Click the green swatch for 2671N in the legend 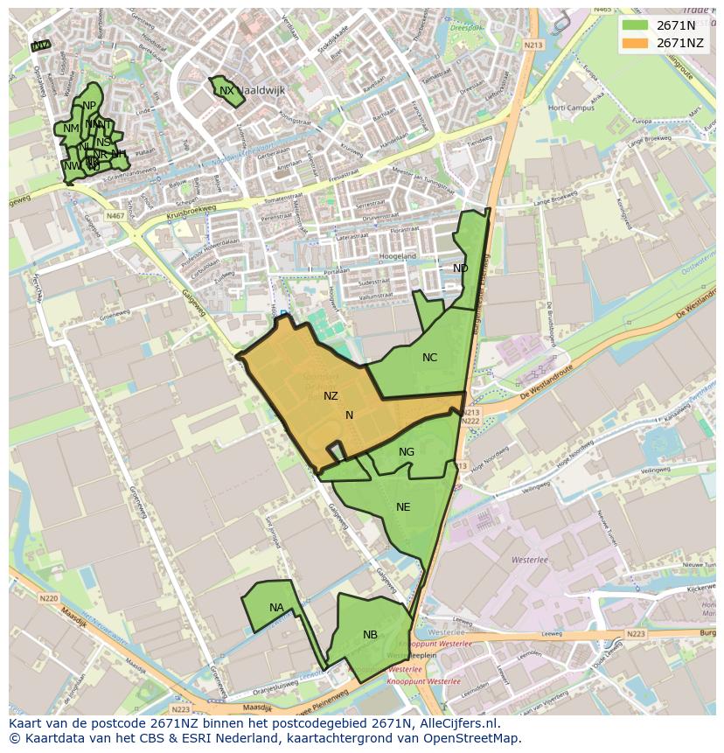point(635,25)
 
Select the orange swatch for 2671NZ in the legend point(635,43)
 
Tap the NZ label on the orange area point(331,396)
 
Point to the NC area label point(429,358)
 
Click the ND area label point(460,268)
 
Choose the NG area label point(407,452)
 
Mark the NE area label point(403,507)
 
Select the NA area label point(276,608)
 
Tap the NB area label point(371,635)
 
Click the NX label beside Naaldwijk point(226,91)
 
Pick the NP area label point(89,106)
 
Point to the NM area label point(71,129)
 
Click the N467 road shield point(115,216)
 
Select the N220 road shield point(48,599)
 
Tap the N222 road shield point(470,422)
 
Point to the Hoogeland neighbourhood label point(398,256)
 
